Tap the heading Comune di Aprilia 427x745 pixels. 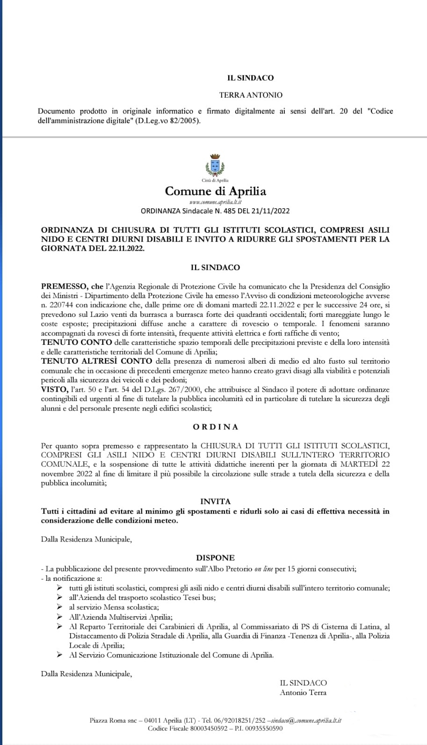pos(216,191)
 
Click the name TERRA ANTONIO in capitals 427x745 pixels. pos(251,95)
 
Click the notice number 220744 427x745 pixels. pos(59,305)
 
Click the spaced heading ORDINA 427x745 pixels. pos(215,427)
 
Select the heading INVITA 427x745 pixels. pos(215,501)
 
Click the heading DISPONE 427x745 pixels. pos(215,557)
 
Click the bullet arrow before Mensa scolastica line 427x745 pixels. pos(59,607)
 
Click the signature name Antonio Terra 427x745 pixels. pos(303,693)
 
